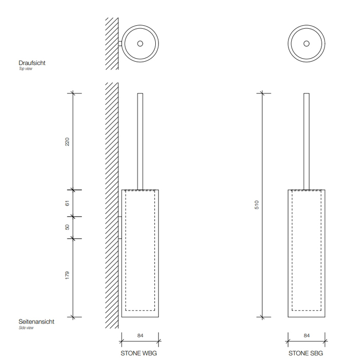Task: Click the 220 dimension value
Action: tap(67, 141)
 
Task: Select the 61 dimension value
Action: tap(67, 203)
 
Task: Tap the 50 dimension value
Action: tap(67, 227)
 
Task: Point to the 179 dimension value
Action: tap(67, 275)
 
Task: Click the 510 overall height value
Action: tap(257, 205)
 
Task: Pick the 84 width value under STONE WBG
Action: tap(140, 335)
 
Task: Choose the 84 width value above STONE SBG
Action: tap(307, 335)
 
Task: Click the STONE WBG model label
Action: tap(139, 353)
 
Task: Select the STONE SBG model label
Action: tap(305, 353)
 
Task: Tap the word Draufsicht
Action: tap(32, 63)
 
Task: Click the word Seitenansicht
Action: tap(37, 321)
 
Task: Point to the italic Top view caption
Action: tap(26, 68)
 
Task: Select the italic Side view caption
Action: tap(26, 328)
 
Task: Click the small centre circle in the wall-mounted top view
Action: tap(140, 43)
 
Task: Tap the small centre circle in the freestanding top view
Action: tap(307, 43)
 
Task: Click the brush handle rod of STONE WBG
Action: tap(140, 141)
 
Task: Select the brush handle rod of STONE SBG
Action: tap(307, 141)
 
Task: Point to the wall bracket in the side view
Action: tap(120, 227)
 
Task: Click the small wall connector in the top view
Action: tap(120, 44)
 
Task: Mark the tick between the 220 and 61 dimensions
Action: tap(73, 190)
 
